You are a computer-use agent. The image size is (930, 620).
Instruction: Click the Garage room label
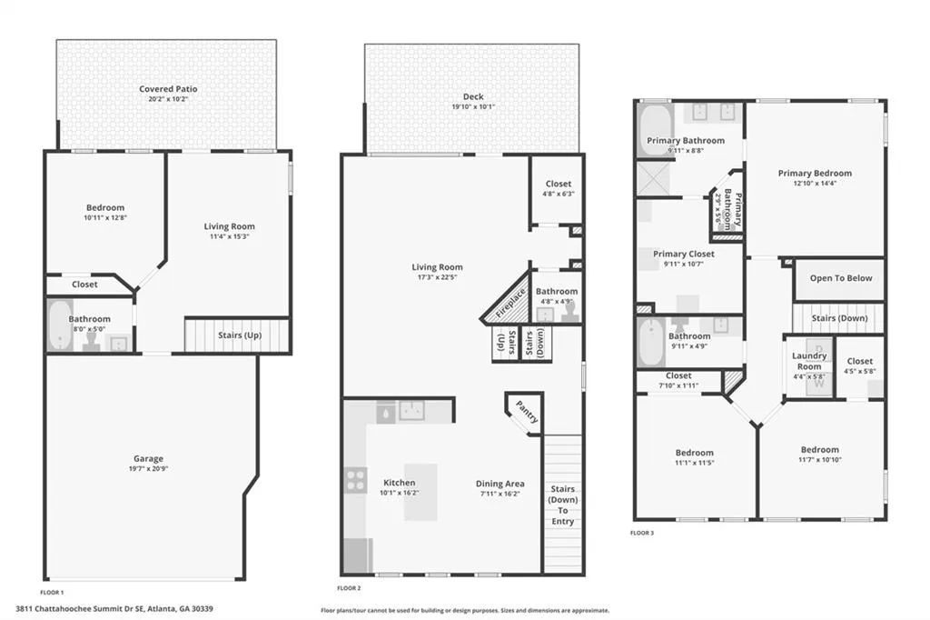(x=146, y=459)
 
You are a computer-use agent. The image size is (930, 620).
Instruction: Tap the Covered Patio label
(x=168, y=89)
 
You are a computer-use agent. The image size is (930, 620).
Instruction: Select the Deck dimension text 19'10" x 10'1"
(x=473, y=107)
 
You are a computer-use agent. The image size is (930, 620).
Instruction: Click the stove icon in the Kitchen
(x=355, y=479)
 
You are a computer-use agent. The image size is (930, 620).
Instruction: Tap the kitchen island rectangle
(x=420, y=492)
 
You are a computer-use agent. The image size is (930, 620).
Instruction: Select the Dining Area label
(x=500, y=484)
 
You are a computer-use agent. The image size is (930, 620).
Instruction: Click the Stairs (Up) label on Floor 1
(x=240, y=335)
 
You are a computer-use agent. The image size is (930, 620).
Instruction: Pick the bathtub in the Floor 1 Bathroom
(x=60, y=326)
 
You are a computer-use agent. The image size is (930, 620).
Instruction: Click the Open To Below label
(x=841, y=279)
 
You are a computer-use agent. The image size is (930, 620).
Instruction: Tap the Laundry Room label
(x=808, y=361)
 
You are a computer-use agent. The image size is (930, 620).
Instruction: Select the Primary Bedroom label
(x=815, y=174)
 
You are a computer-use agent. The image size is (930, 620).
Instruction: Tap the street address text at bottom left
(x=114, y=608)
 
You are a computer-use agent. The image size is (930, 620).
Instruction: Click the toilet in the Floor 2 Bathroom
(x=570, y=311)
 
